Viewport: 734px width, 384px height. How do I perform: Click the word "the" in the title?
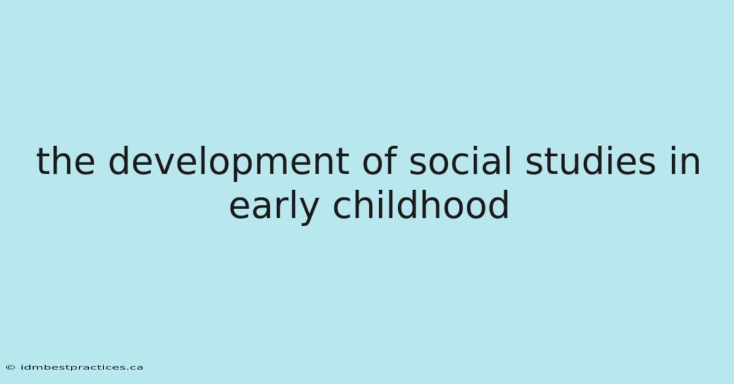click(x=66, y=161)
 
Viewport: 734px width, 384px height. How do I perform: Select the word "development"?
click(x=229, y=162)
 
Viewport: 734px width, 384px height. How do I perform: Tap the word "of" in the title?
click(x=380, y=160)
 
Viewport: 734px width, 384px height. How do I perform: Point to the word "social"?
click(x=460, y=160)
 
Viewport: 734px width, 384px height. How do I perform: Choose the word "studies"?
click(x=590, y=160)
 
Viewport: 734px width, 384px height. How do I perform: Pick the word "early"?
click(x=273, y=206)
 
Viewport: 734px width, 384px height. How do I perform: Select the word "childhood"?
click(x=421, y=205)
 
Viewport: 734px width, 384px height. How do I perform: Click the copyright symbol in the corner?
click(x=10, y=367)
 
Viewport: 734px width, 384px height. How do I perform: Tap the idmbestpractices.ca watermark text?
click(x=82, y=367)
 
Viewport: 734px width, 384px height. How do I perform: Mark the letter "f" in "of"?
click(x=391, y=160)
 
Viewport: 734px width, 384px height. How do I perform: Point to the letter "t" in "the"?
click(x=43, y=161)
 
